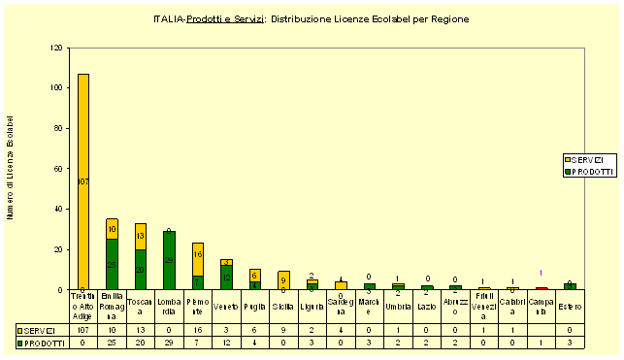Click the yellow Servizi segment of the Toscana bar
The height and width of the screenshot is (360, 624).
pyautogui.click(x=141, y=236)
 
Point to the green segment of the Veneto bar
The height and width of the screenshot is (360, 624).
pyautogui.click(x=226, y=278)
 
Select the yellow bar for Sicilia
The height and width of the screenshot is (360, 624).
pyautogui.click(x=283, y=280)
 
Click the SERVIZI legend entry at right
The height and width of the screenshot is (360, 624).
pyautogui.click(x=585, y=158)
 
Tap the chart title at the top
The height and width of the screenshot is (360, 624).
pyautogui.click(x=312, y=19)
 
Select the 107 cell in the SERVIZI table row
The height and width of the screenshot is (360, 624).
pyautogui.click(x=82, y=330)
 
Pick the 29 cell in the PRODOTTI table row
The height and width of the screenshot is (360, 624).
pyautogui.click(x=169, y=343)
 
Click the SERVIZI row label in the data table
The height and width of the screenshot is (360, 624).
pyautogui.click(x=45, y=330)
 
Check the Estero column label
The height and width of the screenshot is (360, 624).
pyautogui.click(x=570, y=307)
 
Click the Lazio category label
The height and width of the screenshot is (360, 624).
pyautogui.click(x=427, y=307)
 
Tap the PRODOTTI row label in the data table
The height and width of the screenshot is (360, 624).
pyautogui.click(x=45, y=343)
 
